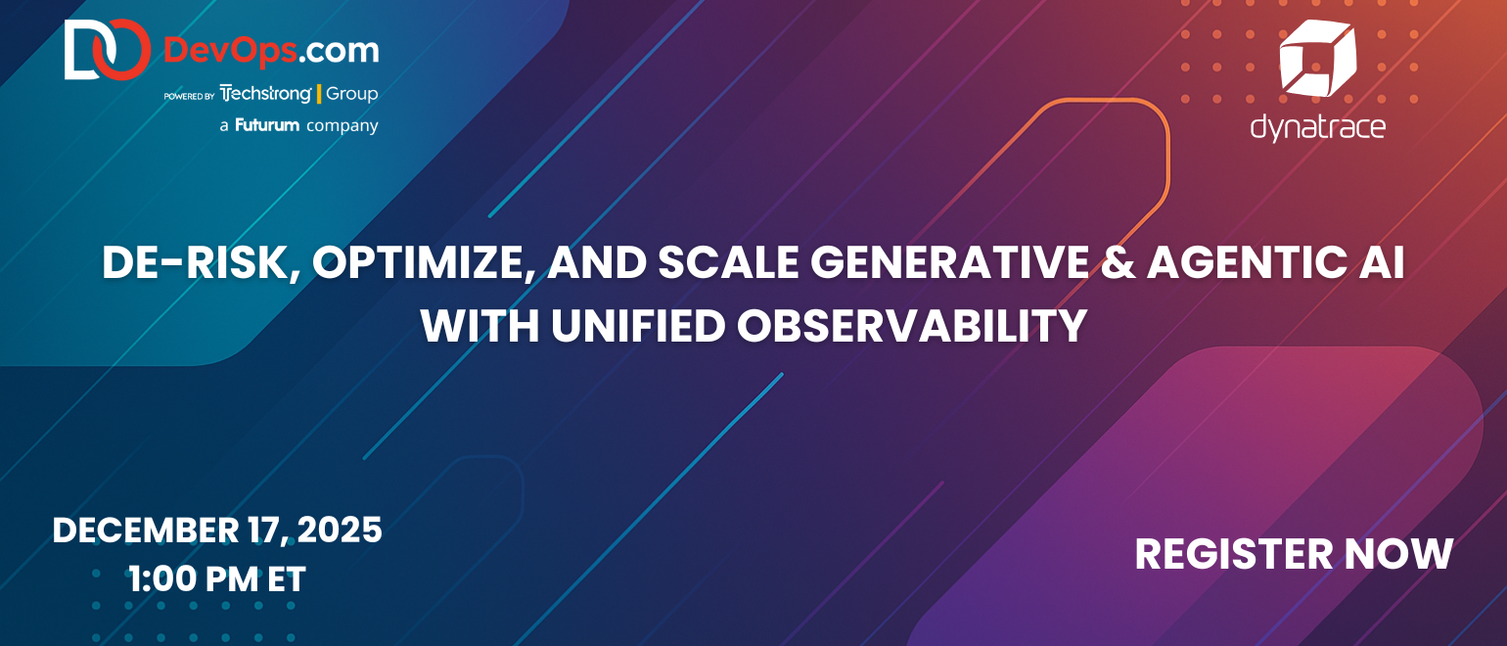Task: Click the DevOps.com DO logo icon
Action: pyautogui.click(x=108, y=49)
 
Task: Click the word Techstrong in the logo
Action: pyautogui.click(x=266, y=94)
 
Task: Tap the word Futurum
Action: pyautogui.click(x=267, y=125)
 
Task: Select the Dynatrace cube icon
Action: pyautogui.click(x=1317, y=58)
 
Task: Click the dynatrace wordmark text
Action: pyautogui.click(x=1317, y=127)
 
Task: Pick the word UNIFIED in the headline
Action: pyautogui.click(x=638, y=326)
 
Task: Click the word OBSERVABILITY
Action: pyautogui.click(x=912, y=326)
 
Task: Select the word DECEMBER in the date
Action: pyautogui.click(x=145, y=531)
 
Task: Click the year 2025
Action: pyautogui.click(x=340, y=531)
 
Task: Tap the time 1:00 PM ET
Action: pyautogui.click(x=217, y=578)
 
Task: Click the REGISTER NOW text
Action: pyautogui.click(x=1294, y=554)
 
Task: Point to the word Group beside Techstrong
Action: pyautogui.click(x=352, y=94)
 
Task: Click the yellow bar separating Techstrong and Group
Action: pyautogui.click(x=319, y=94)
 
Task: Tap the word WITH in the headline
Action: pyautogui.click(x=480, y=326)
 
